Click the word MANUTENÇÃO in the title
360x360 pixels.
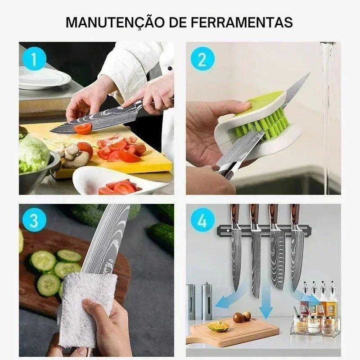(x=115, y=22)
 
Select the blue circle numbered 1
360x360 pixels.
(x=34, y=59)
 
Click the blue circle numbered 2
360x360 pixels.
(x=202, y=59)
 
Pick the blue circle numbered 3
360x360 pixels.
(x=34, y=220)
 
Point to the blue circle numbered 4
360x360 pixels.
(x=202, y=220)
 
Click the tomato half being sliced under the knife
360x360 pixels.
(x=83, y=129)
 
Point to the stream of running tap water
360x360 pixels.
(x=327, y=115)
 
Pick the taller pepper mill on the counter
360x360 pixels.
(x=207, y=301)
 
